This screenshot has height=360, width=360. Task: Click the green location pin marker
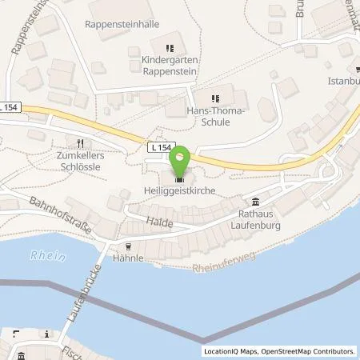(x=182, y=160)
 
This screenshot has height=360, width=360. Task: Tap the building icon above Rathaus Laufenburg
(x=256, y=201)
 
